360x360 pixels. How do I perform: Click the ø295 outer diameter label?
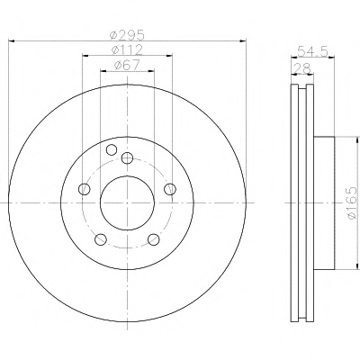point(127,35)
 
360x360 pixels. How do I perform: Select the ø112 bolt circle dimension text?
point(127,49)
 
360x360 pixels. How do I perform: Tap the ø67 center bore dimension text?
point(127,65)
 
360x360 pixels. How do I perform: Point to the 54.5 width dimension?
point(312,51)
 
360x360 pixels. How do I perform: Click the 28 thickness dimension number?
point(302,68)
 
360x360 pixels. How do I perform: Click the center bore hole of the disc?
point(127,203)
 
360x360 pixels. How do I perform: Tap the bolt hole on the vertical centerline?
point(127,157)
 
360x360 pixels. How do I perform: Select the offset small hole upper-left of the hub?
point(112,149)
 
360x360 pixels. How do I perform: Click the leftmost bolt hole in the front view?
point(84,189)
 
